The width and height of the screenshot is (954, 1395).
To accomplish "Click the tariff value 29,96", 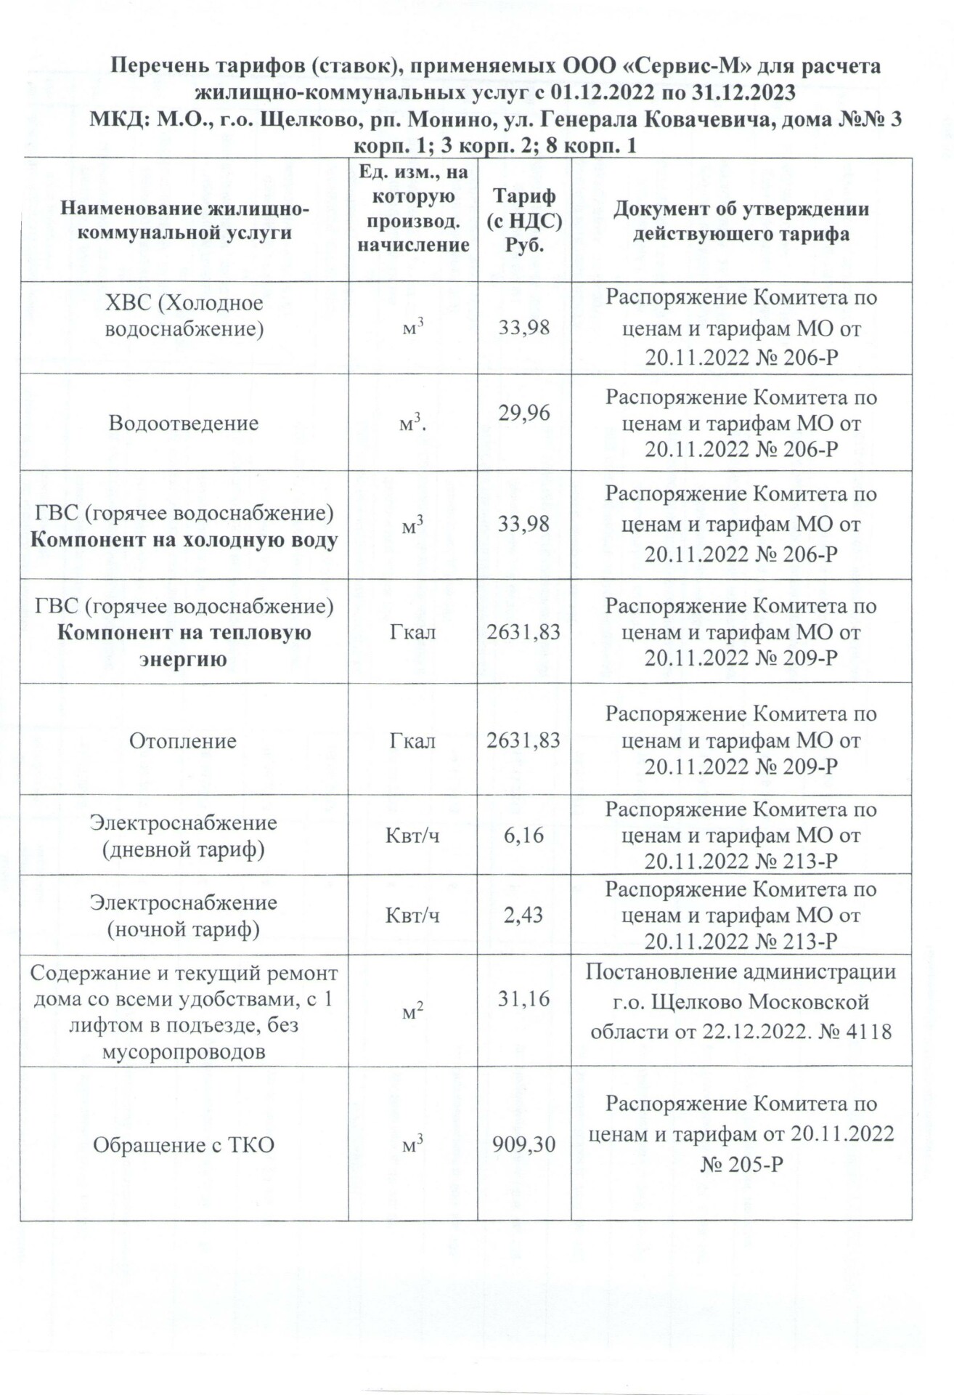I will (x=523, y=413).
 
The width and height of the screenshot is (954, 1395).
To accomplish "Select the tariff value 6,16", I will (x=523, y=836).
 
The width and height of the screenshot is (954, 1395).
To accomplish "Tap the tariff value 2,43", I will (x=523, y=915).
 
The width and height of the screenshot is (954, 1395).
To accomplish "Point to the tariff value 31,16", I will (x=523, y=999).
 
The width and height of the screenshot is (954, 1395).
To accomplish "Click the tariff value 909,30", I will (x=523, y=1145).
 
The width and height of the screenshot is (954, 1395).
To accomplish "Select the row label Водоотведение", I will (x=184, y=423).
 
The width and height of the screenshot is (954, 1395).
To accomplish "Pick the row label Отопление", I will (x=183, y=741).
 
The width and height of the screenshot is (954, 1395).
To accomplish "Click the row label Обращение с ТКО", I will (x=184, y=1145).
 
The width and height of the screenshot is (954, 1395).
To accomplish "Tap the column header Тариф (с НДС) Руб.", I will (x=524, y=220).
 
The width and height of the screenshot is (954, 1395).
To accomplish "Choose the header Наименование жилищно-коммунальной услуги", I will (x=184, y=221).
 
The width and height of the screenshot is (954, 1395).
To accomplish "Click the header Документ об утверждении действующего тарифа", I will (x=741, y=221).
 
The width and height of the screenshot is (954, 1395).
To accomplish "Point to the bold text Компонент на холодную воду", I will (x=184, y=541).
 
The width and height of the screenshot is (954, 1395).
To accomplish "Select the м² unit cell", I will (x=412, y=1011).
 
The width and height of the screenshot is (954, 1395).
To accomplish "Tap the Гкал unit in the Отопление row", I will (x=412, y=741).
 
